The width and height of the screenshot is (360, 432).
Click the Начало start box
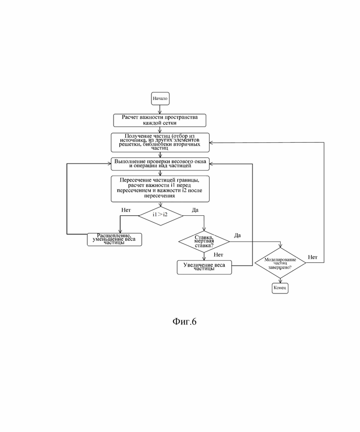[x=160, y=98]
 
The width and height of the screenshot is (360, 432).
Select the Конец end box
[x=280, y=288]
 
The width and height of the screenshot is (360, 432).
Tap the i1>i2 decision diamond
[x=161, y=216]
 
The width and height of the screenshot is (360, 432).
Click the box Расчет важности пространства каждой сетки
[x=160, y=121]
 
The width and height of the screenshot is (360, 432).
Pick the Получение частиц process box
[x=160, y=142]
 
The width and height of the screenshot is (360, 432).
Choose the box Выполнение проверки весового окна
[x=160, y=164]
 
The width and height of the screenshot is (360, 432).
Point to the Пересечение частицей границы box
[x=160, y=189]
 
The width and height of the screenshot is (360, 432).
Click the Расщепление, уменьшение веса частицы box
[x=114, y=239]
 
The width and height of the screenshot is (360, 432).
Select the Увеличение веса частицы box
[x=204, y=267]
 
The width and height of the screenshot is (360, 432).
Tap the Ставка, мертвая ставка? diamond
[x=204, y=242]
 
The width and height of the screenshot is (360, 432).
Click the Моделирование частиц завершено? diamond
[x=280, y=263]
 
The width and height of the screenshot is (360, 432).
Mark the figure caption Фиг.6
[x=185, y=321]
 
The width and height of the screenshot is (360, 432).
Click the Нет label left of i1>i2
[x=126, y=210]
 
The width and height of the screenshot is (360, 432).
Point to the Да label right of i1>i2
[x=195, y=210]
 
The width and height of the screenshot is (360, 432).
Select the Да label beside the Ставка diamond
[x=238, y=235]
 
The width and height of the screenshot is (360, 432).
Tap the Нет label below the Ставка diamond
[x=218, y=255]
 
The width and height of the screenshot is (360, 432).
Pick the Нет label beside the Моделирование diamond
[x=312, y=257]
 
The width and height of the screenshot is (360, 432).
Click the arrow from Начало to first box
[x=160, y=110]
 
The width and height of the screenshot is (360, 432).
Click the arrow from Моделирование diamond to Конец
[x=280, y=280]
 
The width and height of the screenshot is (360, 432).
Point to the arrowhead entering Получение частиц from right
[x=211, y=143]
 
